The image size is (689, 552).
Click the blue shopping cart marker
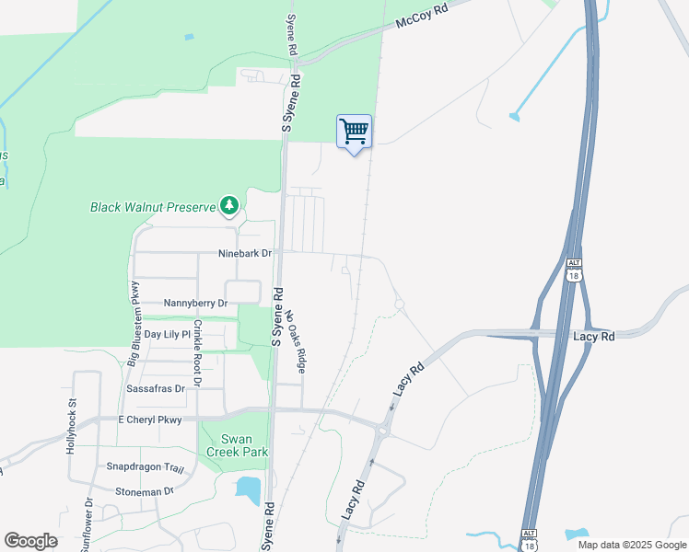(x=354, y=133)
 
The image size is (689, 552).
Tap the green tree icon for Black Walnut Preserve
(x=228, y=206)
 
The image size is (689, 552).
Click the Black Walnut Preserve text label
(x=152, y=207)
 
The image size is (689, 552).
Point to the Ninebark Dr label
(x=245, y=253)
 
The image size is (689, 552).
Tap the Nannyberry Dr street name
(x=194, y=302)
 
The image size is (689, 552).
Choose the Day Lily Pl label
(x=167, y=334)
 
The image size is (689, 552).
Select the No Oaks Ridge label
(x=295, y=340)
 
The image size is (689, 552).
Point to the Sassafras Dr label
(x=155, y=389)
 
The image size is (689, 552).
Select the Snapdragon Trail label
(x=139, y=466)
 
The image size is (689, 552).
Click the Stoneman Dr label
(x=146, y=491)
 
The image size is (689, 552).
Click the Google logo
(x=30, y=541)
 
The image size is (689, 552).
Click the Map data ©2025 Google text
(x=631, y=545)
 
